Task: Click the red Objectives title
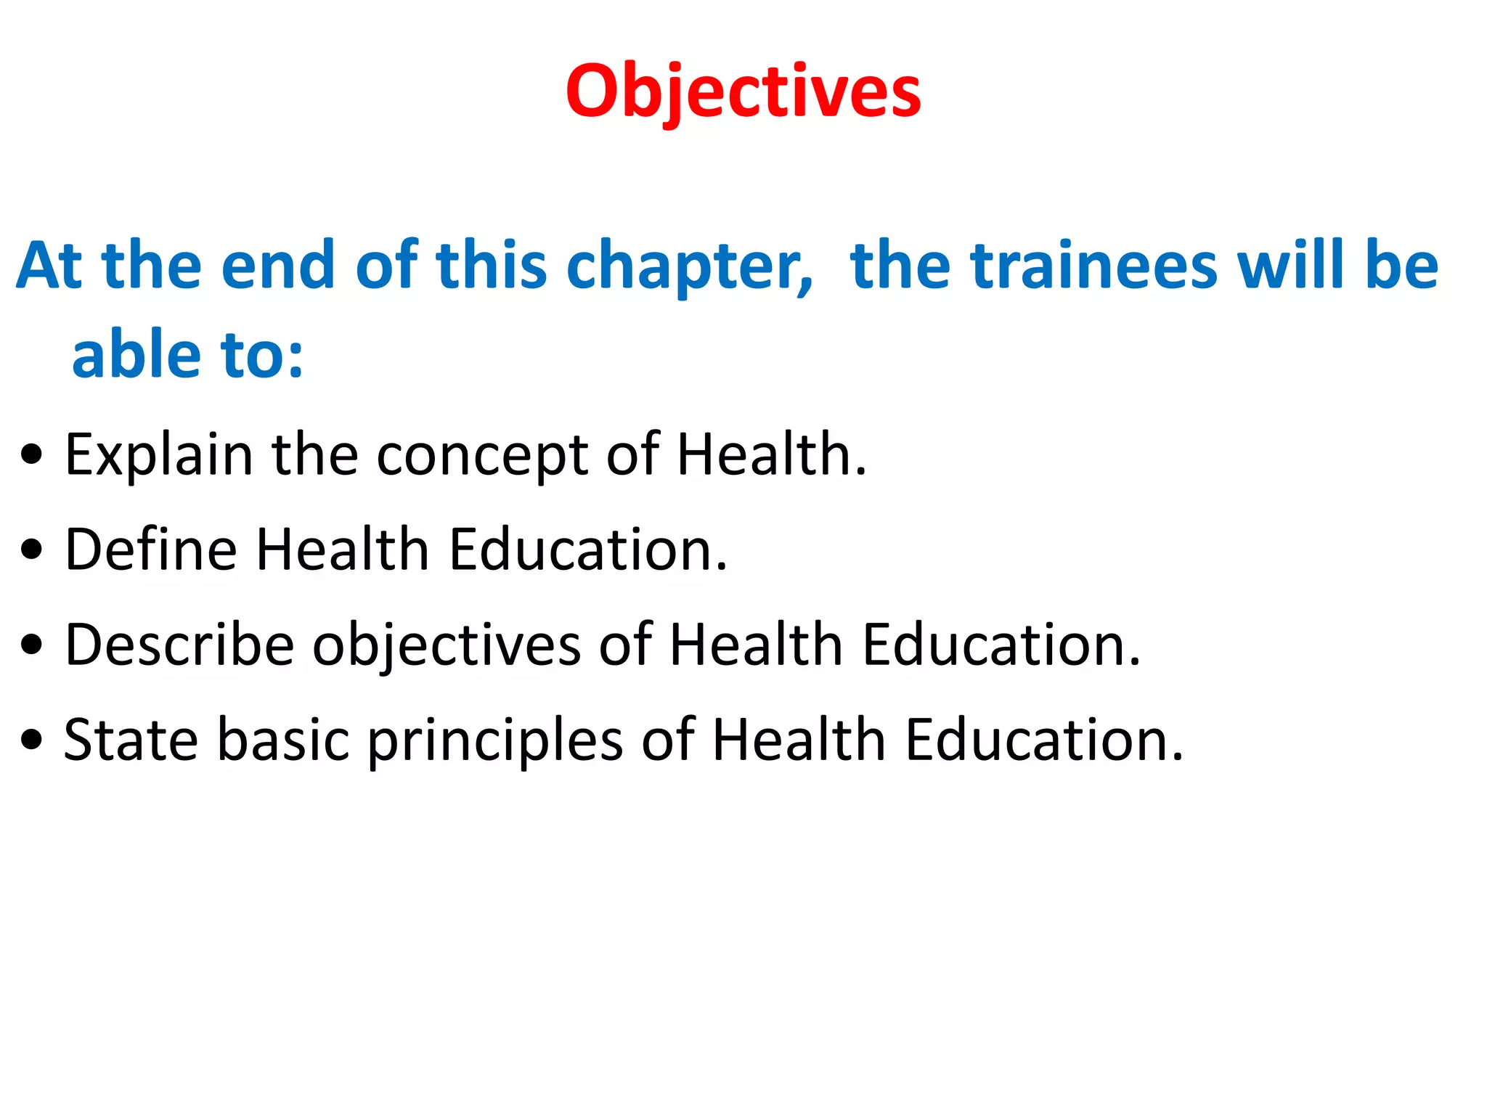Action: pos(743,91)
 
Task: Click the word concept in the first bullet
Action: pos(481,456)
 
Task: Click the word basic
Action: pos(283,740)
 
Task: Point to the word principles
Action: pos(495,740)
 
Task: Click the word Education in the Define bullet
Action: pos(587,550)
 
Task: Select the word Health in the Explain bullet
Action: pos(771,456)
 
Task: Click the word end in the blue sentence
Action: pos(277,266)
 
